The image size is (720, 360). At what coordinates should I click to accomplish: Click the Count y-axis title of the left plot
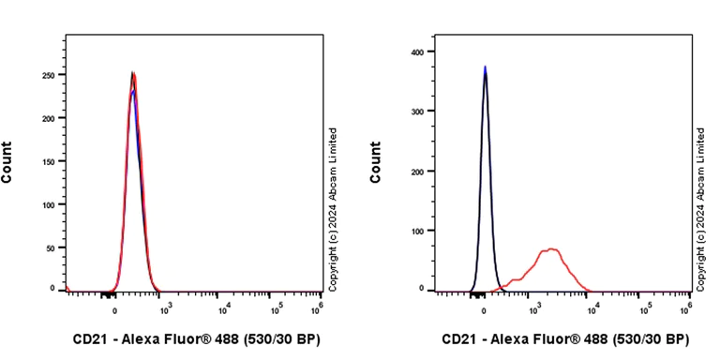(x=7, y=161)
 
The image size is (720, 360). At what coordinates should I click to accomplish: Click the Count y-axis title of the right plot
(x=376, y=161)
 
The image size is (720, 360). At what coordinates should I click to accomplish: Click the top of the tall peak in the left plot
(x=133, y=73)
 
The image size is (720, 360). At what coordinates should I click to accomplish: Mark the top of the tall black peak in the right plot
(x=485, y=68)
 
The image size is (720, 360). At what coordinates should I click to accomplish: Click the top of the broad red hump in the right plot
(x=552, y=249)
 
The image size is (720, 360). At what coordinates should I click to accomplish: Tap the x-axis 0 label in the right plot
(x=485, y=308)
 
